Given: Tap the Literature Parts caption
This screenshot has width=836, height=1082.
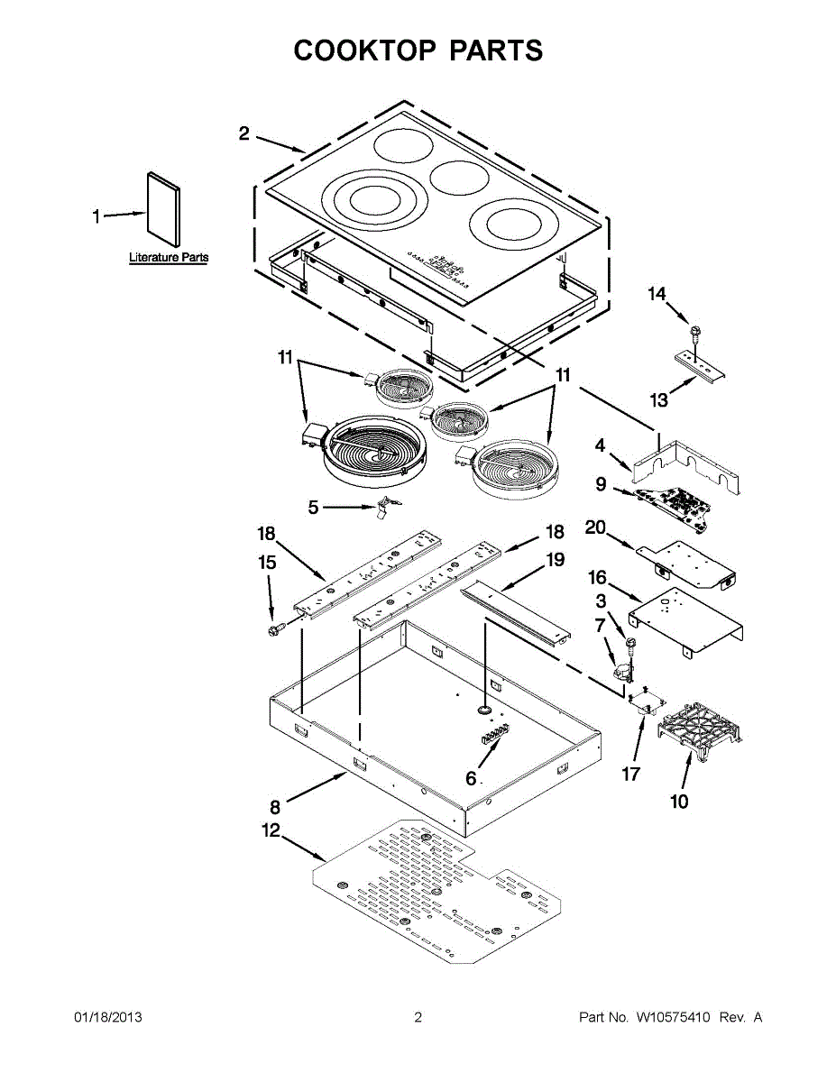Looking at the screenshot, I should click(169, 258).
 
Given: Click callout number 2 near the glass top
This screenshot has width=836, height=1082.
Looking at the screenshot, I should click(244, 133).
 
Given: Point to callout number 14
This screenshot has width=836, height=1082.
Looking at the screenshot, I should click(657, 294).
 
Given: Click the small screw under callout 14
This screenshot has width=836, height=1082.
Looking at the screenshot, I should click(695, 335).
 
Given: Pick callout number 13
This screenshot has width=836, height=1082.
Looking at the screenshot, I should click(659, 399).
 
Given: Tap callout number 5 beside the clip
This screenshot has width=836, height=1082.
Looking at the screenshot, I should click(313, 508).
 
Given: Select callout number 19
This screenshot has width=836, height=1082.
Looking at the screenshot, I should click(555, 560).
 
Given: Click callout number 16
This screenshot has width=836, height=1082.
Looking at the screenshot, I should click(598, 577).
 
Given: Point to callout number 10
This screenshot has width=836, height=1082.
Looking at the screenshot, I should click(679, 801).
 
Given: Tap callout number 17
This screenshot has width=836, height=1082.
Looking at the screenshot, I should click(630, 774).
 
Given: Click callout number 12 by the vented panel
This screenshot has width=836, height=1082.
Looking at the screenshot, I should click(271, 830).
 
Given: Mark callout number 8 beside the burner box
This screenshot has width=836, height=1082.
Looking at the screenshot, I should click(276, 805).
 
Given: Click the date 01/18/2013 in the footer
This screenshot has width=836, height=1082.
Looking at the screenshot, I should click(107, 1017).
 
